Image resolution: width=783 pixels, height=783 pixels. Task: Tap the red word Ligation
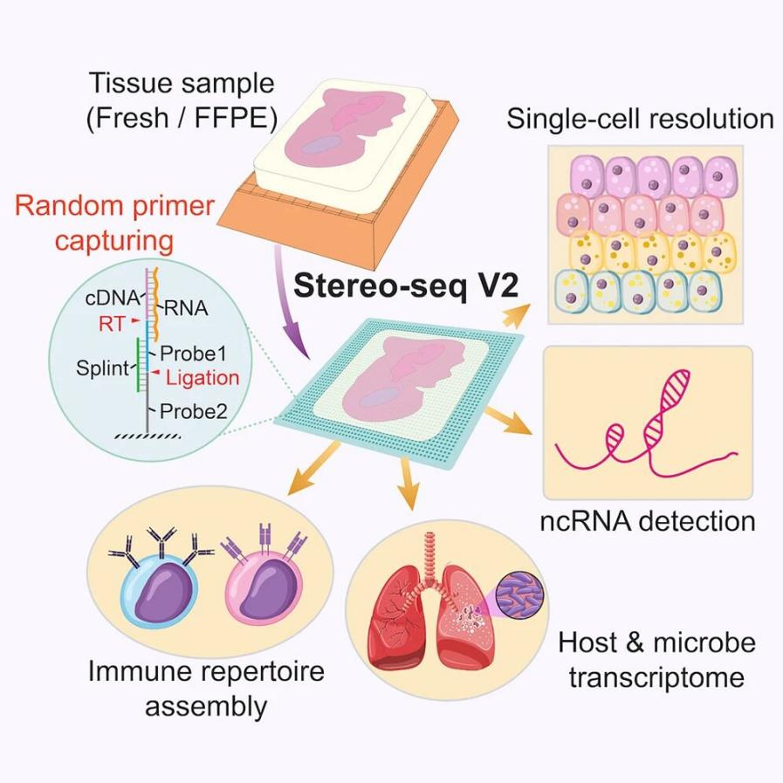click(x=203, y=377)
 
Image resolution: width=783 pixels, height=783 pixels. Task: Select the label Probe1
click(x=193, y=354)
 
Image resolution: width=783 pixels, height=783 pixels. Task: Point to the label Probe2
click(x=193, y=410)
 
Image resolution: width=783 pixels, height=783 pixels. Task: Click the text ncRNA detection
click(x=647, y=521)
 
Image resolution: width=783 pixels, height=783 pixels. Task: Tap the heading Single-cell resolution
click(x=640, y=118)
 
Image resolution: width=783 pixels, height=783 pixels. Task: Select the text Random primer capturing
click(x=115, y=223)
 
